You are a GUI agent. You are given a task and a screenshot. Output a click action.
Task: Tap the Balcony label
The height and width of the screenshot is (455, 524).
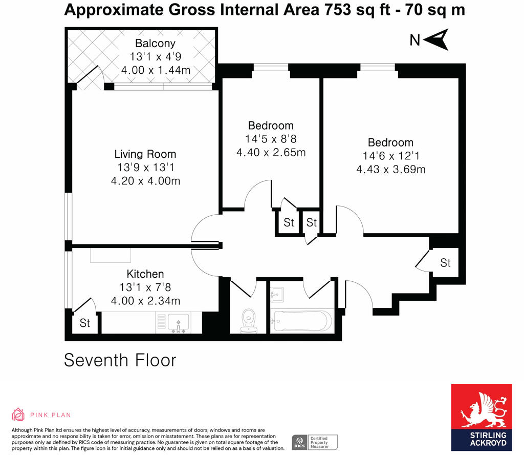click(x=155, y=44)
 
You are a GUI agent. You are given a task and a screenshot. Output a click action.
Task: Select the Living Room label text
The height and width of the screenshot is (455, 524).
click(x=145, y=154)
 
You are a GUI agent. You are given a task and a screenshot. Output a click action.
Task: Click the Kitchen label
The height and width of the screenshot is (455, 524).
click(x=145, y=274)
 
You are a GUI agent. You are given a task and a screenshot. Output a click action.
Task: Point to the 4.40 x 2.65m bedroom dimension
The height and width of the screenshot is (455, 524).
click(x=271, y=152)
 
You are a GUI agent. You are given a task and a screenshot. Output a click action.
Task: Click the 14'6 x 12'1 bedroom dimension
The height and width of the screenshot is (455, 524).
click(x=391, y=156)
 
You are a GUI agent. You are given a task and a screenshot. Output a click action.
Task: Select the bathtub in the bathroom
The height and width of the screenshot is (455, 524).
click(x=301, y=321)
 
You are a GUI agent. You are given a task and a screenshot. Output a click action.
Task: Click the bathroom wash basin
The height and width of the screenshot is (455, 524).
click(x=278, y=294)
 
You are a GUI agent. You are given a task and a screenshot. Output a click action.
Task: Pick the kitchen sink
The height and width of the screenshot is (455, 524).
click(x=178, y=323)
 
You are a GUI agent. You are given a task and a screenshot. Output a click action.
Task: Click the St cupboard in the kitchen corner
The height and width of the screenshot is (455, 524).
click(x=84, y=323)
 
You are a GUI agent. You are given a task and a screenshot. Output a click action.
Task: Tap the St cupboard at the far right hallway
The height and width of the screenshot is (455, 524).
click(x=445, y=263)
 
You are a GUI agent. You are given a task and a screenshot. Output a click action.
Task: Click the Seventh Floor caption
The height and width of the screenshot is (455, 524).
click(x=120, y=360)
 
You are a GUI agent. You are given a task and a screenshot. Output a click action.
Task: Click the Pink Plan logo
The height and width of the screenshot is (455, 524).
click(x=41, y=415)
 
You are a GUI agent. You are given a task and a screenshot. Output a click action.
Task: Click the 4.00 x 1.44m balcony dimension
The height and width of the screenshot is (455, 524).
click(x=156, y=70)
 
